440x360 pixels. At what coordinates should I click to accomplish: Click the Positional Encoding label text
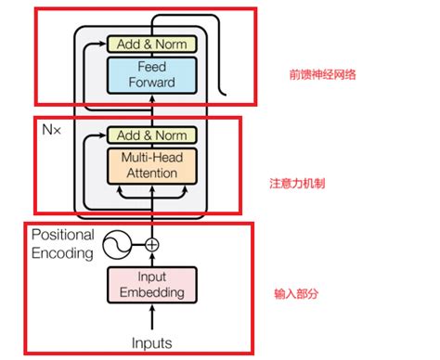coord(64,243)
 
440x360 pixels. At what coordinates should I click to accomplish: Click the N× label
coord(53,130)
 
